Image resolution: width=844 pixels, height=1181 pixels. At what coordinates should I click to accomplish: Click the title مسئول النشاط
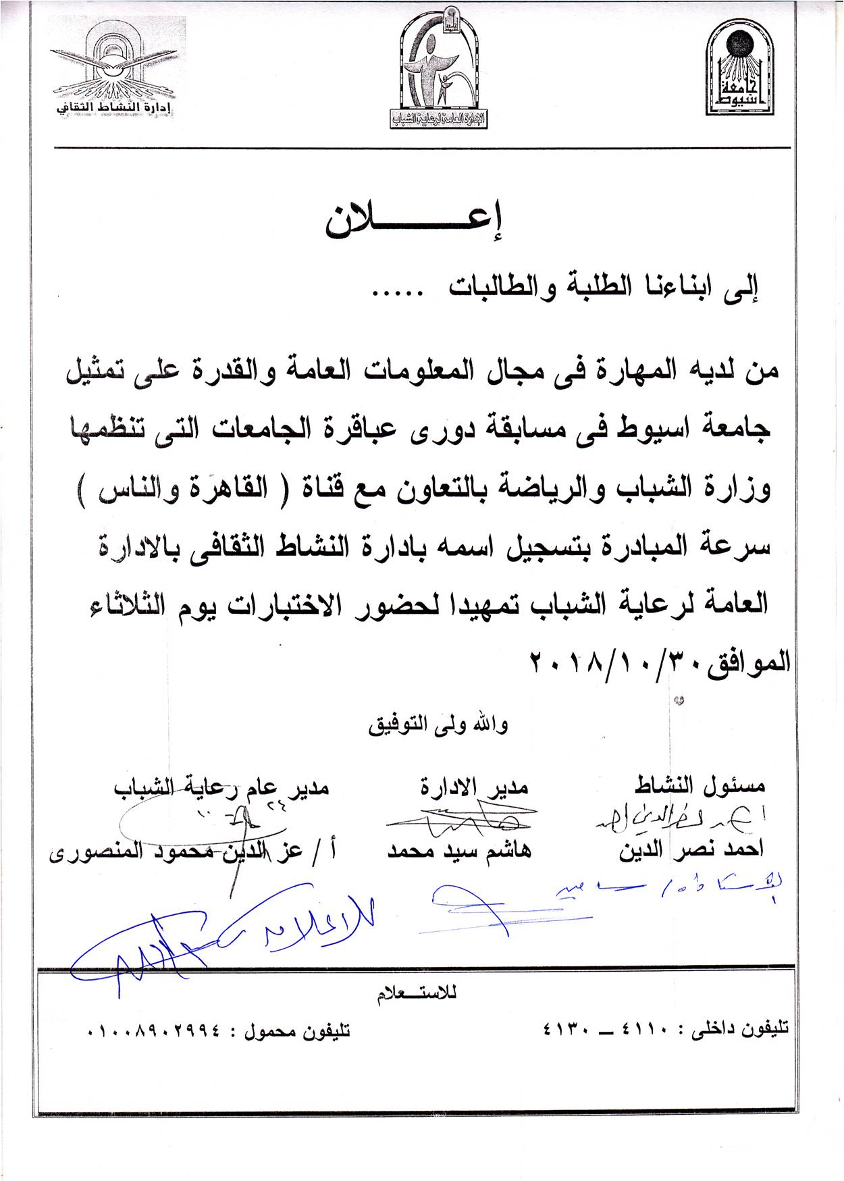click(700, 786)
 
